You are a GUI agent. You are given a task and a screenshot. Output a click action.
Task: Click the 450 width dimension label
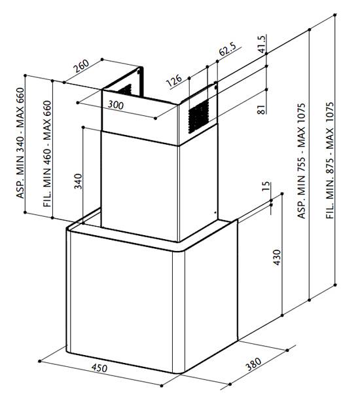[99, 368]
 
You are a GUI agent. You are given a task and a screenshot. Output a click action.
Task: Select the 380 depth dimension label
[253, 364]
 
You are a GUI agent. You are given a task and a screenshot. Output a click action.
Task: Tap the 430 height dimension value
[277, 257]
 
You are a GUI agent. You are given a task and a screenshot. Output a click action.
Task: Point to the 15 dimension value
[265, 186]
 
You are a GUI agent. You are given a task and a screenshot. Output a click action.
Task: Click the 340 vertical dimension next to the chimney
[79, 181]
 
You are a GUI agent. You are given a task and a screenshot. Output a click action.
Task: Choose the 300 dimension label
[115, 105]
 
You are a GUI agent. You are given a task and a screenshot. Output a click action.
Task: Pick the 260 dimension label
[81, 66]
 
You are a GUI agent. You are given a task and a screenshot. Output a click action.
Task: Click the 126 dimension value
[174, 81]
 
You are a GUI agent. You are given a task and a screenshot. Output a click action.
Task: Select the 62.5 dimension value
[227, 48]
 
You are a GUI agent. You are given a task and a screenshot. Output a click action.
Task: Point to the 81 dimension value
[261, 109]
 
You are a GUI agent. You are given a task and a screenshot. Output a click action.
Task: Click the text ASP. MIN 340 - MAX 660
[20, 143]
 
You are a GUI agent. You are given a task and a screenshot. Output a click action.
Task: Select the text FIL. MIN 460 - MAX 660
[47, 154]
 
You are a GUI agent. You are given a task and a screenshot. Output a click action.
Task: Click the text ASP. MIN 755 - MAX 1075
[302, 161]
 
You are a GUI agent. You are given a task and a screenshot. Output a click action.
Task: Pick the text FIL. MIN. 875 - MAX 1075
[330, 161]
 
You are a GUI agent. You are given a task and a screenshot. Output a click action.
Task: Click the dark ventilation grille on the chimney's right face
[198, 116]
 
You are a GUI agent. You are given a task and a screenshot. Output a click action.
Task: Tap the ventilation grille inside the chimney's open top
[125, 90]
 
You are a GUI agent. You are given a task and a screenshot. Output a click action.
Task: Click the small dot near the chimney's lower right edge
[215, 212]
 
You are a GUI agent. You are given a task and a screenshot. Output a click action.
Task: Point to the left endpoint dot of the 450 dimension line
[39, 361]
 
